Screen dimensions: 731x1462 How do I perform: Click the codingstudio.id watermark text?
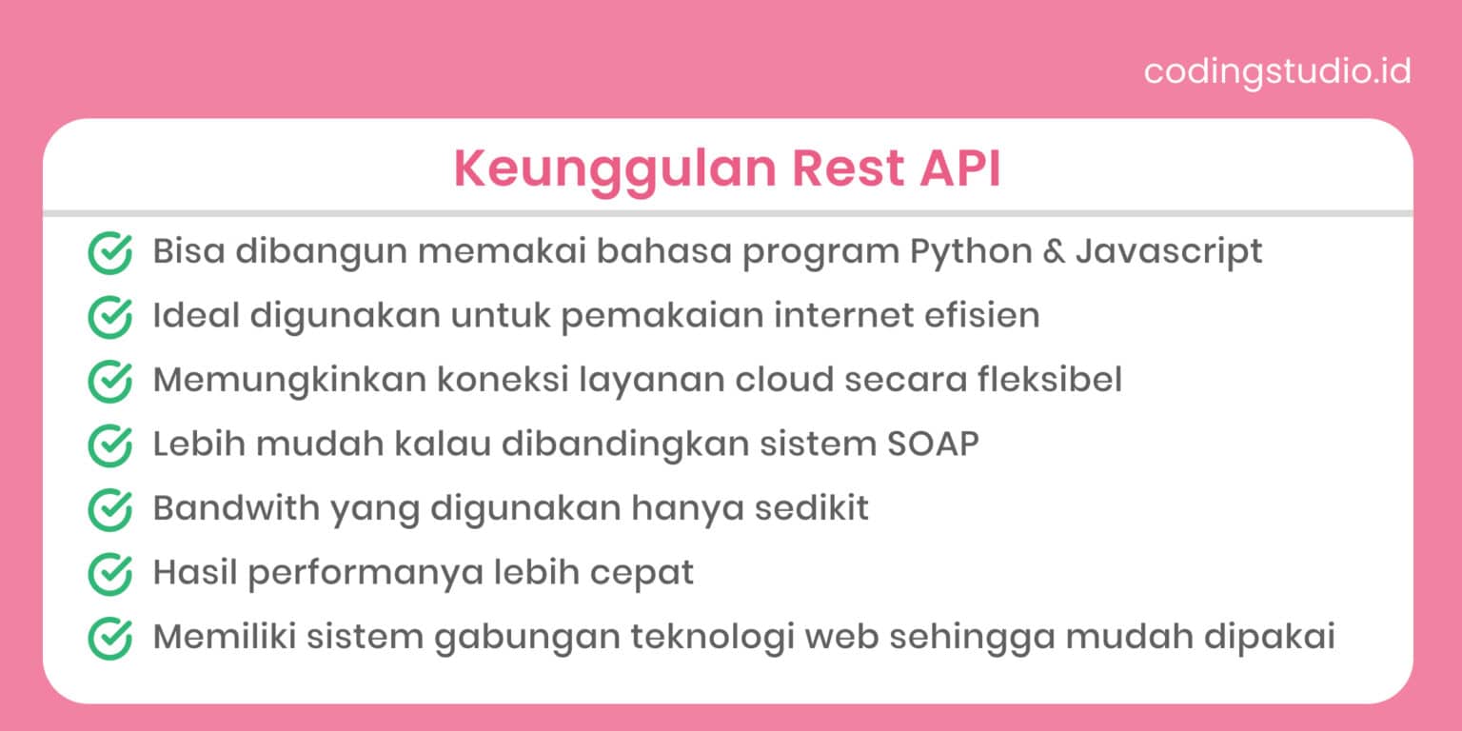click(1276, 71)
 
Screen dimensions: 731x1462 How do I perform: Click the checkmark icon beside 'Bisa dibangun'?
click(109, 253)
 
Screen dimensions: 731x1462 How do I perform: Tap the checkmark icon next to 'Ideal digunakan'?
click(109, 317)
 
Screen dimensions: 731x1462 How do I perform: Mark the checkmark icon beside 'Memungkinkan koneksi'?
click(109, 381)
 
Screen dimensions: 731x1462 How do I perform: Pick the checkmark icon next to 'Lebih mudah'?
click(109, 445)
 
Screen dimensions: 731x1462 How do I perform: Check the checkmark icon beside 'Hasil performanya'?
click(109, 574)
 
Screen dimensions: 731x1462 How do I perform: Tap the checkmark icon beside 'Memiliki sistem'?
click(109, 638)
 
